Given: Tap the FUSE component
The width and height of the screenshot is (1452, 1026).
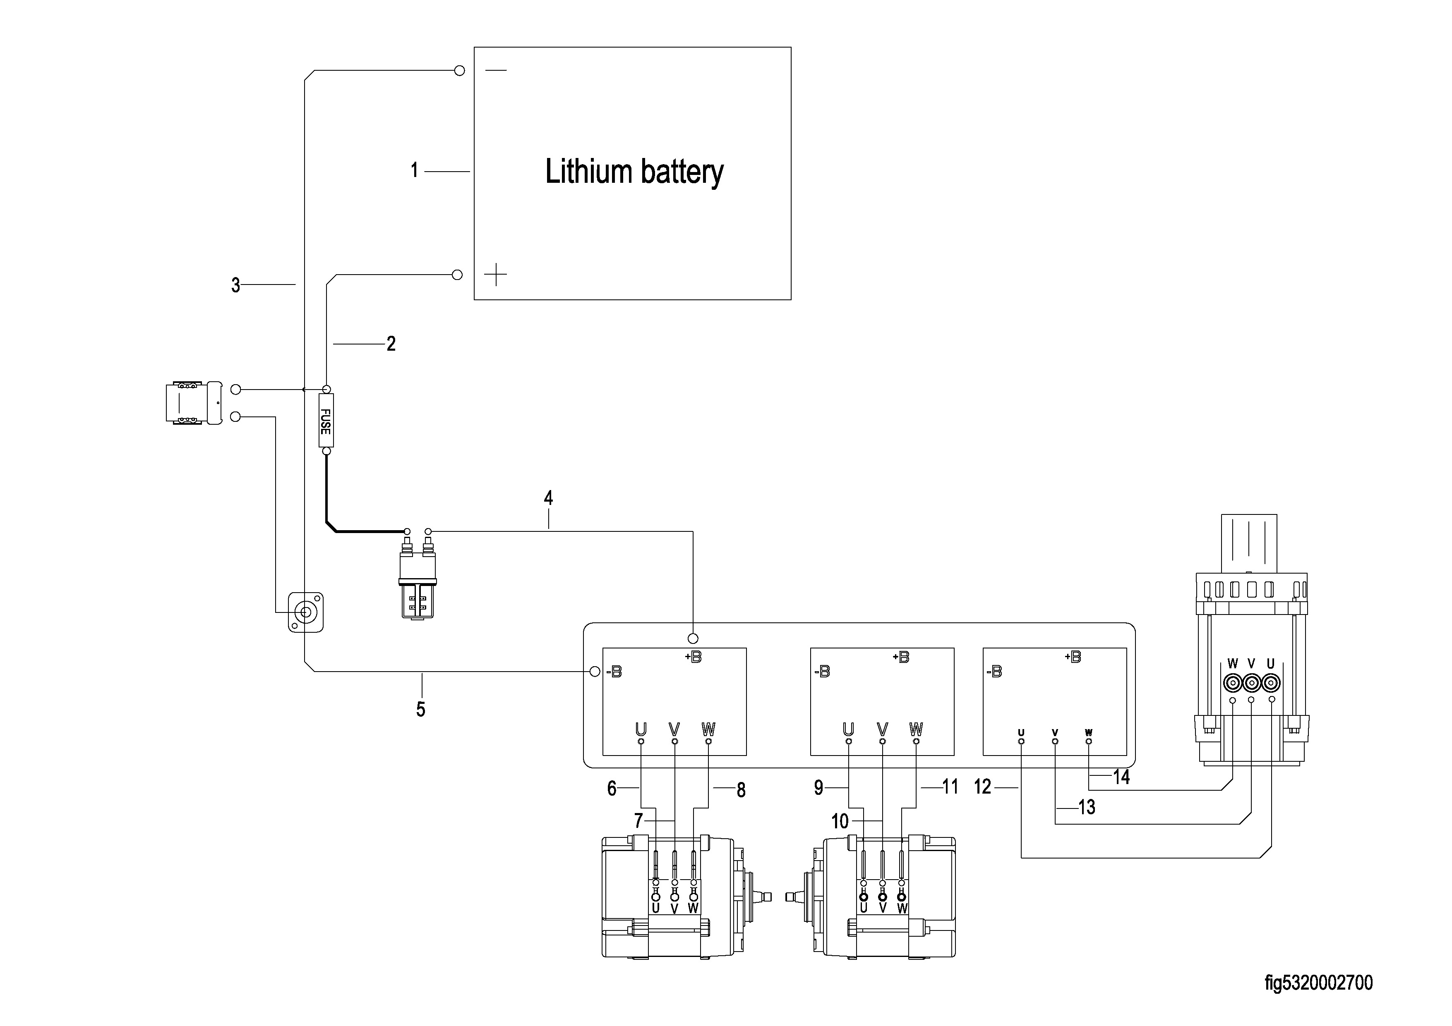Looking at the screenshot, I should (326, 421).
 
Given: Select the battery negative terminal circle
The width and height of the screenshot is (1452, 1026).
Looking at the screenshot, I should (460, 70).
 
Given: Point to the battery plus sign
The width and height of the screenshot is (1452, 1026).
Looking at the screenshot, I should (496, 274).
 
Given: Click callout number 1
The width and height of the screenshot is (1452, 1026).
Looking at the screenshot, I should (414, 171).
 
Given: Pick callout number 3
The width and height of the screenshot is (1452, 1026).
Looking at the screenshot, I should (236, 286).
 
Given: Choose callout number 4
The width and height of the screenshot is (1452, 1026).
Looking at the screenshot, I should (548, 498).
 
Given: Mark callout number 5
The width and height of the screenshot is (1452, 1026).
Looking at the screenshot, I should (420, 709).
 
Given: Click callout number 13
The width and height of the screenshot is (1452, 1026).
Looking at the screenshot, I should (1087, 807).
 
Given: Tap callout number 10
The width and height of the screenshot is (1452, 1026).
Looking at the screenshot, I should (839, 821).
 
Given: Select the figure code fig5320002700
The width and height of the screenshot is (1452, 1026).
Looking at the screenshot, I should (1319, 983).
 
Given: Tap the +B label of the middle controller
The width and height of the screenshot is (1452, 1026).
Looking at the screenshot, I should (901, 658).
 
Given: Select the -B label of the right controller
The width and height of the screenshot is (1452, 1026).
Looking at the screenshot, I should (994, 672).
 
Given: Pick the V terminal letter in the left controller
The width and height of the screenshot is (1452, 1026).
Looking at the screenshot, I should (674, 729).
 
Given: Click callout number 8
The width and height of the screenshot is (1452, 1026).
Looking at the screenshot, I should (741, 790).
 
